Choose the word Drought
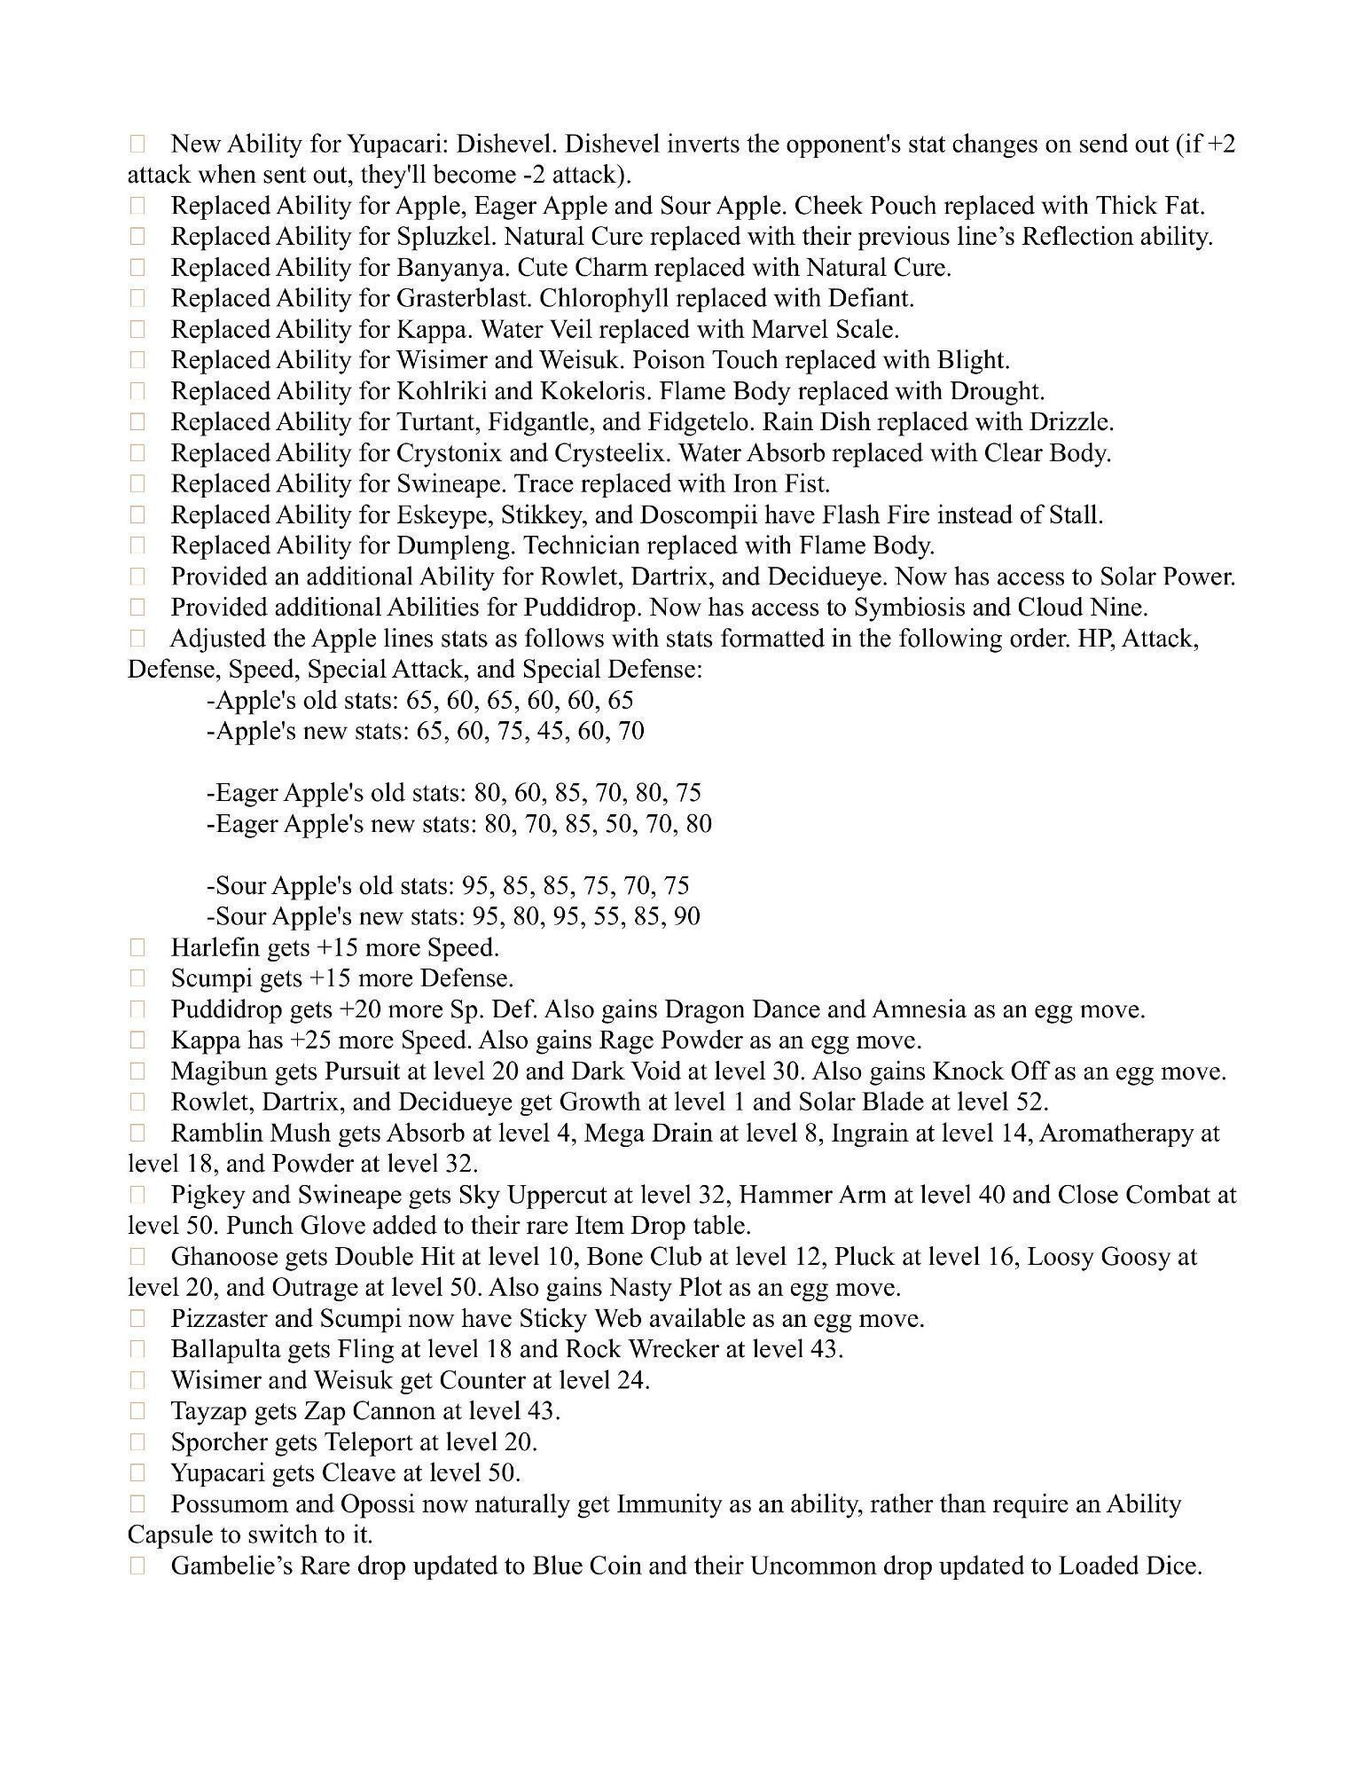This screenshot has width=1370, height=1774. coord(997,391)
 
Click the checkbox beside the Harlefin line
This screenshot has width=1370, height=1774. coord(137,948)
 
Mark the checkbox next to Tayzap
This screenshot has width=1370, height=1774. coord(137,1411)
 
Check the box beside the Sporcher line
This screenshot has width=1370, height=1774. coord(137,1442)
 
